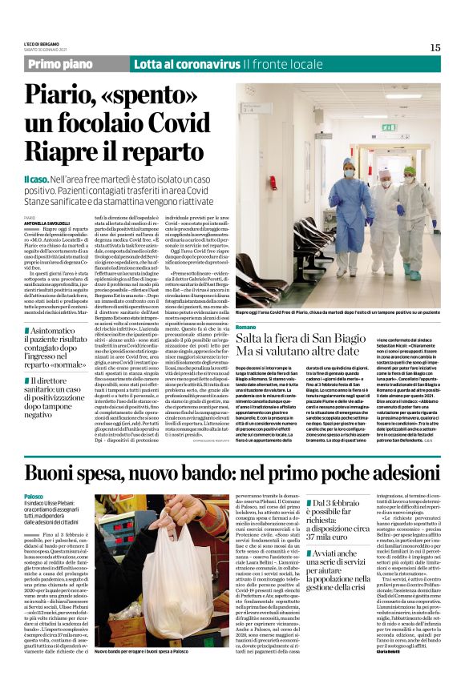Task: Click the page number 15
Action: [x=435, y=47]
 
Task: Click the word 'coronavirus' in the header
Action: [x=210, y=63]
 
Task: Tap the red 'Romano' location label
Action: [x=245, y=328]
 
